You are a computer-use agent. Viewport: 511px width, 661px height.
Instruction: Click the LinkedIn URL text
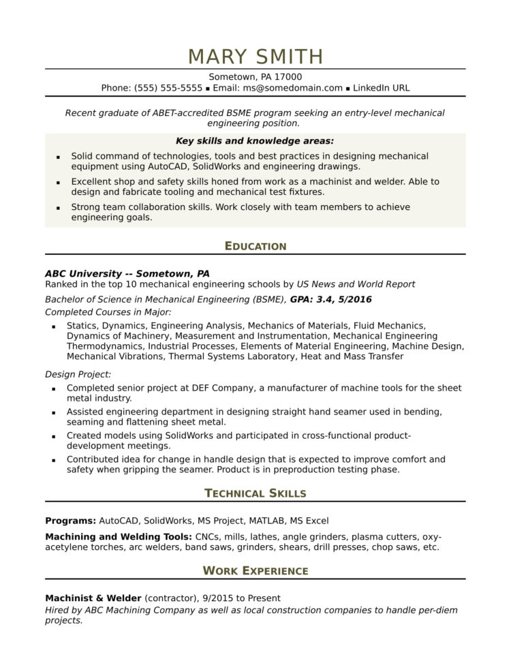point(382,88)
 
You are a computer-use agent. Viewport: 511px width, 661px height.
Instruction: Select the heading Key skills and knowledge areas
point(255,141)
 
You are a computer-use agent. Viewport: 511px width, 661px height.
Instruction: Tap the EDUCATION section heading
point(255,246)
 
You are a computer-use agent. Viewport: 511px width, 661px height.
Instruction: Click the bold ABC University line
point(127,273)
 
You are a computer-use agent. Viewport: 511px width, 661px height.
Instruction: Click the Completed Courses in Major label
point(108,311)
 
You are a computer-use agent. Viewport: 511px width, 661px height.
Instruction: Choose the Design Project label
point(78,374)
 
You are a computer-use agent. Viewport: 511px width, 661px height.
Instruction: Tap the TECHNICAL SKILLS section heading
point(255,493)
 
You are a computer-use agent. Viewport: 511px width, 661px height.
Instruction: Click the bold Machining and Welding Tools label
point(119,536)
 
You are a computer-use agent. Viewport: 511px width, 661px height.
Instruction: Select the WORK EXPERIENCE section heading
point(255,570)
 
